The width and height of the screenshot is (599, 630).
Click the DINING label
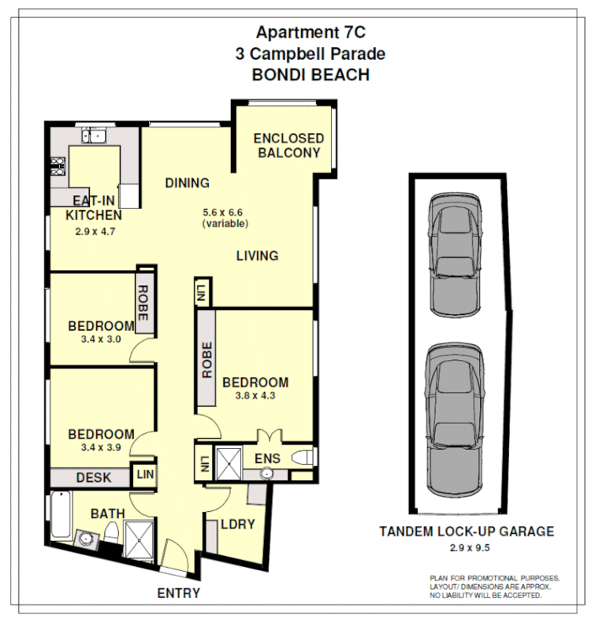[x=187, y=183]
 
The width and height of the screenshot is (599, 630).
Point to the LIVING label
[x=257, y=256]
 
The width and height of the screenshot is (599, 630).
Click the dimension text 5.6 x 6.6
[x=225, y=212]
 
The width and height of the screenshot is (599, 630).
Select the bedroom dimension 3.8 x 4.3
[x=255, y=398]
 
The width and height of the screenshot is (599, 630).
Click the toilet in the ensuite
[x=303, y=458]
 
